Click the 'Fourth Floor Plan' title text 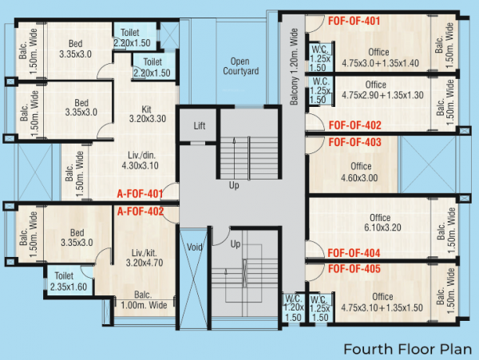click(x=402, y=349)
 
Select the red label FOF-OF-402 click(x=354, y=125)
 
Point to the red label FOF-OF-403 click(x=354, y=142)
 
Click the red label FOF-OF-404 click(x=354, y=253)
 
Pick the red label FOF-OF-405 click(x=354, y=269)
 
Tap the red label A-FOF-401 click(x=140, y=194)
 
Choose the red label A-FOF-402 click(x=140, y=212)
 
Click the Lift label click(x=200, y=126)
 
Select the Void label click(x=194, y=247)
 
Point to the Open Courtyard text click(x=239, y=66)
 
